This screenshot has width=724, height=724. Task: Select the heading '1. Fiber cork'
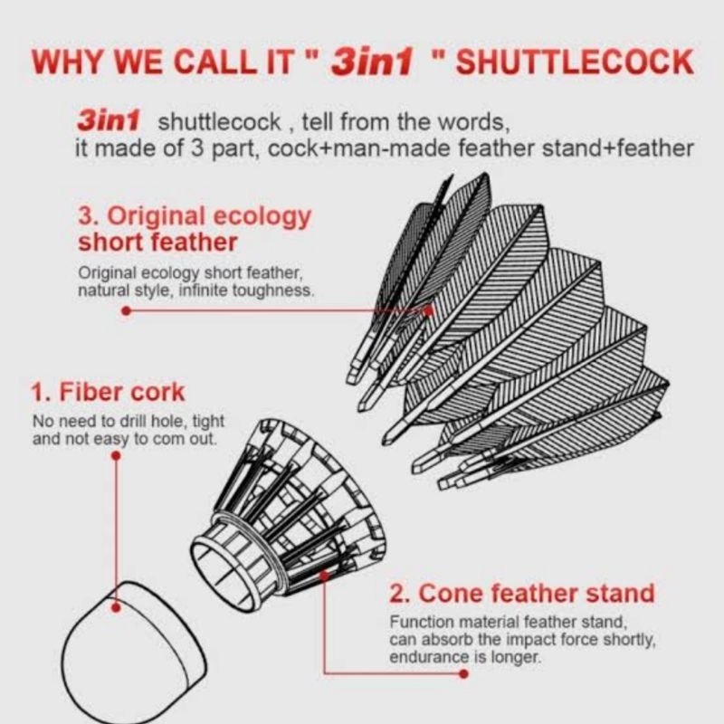(108, 393)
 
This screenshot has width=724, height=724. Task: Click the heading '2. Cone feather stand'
(522, 595)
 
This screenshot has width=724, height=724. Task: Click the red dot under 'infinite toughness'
(126, 310)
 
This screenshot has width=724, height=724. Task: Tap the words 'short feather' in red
(158, 242)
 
